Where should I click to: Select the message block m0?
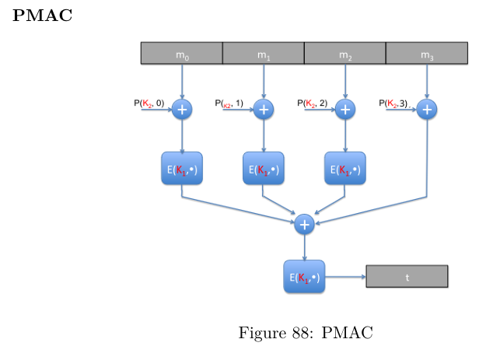tap(181, 54)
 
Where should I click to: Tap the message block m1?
tap(263, 54)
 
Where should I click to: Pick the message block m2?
tap(344, 54)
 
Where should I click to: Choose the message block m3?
tap(426, 54)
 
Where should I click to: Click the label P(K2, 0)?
tap(149, 103)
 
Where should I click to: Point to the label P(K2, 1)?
tap(229, 103)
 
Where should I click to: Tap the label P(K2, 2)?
tap(312, 103)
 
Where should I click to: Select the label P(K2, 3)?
tap(393, 103)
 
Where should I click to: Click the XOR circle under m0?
tap(182, 110)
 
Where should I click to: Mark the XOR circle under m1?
tap(264, 110)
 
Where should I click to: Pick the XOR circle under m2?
tap(345, 110)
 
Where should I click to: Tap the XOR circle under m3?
tap(426, 110)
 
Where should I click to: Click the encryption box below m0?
tap(182, 169)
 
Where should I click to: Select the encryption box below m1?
tap(264, 169)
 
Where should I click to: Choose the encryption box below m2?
tap(345, 169)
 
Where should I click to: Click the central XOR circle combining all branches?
tap(305, 224)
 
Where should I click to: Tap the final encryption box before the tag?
tap(304, 277)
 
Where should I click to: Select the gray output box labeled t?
tap(407, 277)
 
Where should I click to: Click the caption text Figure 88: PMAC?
tap(305, 333)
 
